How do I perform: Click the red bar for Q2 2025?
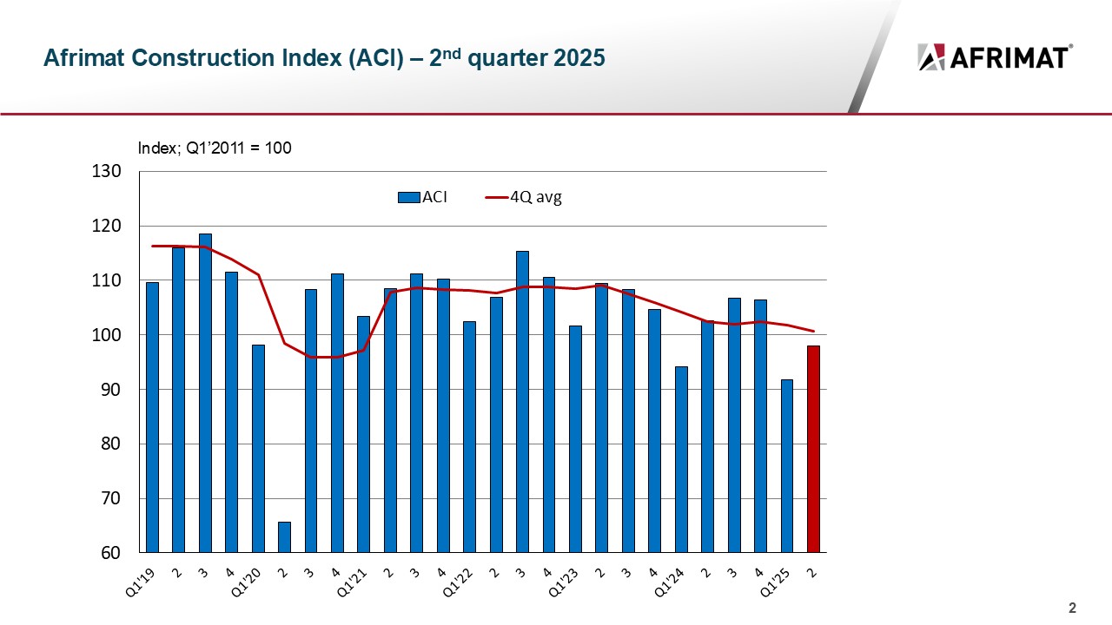813,449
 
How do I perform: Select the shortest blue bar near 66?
284,536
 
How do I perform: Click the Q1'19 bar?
152,417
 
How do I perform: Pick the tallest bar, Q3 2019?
205,392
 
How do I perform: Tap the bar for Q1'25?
787,465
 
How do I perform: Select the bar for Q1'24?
681,459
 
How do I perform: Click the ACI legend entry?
423,197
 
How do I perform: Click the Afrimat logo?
995,57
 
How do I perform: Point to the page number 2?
1072,607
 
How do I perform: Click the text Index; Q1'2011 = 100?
215,148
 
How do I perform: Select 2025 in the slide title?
577,58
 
